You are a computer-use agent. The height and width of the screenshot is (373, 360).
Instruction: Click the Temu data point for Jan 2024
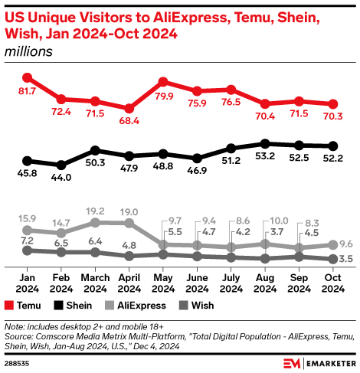[x=27, y=77]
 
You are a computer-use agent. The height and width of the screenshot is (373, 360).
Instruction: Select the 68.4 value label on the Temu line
[x=129, y=123]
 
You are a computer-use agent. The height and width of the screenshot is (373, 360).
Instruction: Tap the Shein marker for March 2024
[x=95, y=150]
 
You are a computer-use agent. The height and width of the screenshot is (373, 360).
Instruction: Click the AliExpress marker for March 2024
[x=95, y=222]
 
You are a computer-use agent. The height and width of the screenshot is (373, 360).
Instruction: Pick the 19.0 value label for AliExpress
[x=129, y=211]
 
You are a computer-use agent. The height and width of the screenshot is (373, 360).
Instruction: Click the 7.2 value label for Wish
[x=27, y=240]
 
